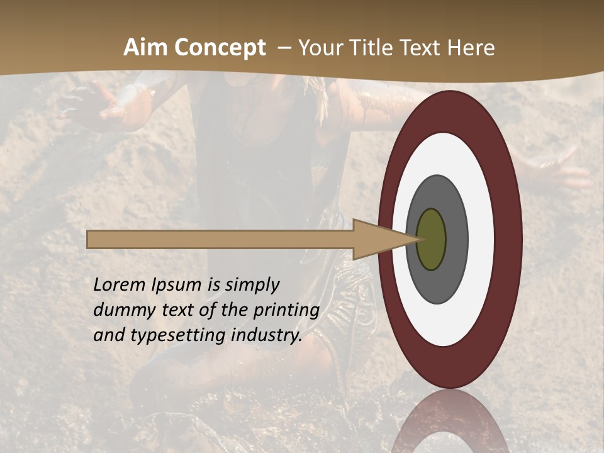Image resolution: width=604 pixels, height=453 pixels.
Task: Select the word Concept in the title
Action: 220,48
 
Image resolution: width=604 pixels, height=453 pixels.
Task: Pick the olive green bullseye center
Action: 431,239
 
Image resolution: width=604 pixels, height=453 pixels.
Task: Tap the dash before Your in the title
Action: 284,48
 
